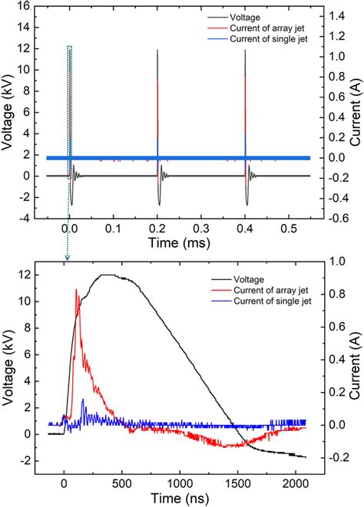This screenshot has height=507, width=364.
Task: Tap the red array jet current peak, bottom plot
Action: (x=76, y=290)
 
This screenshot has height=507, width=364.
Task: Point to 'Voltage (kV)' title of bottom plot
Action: (x=10, y=360)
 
